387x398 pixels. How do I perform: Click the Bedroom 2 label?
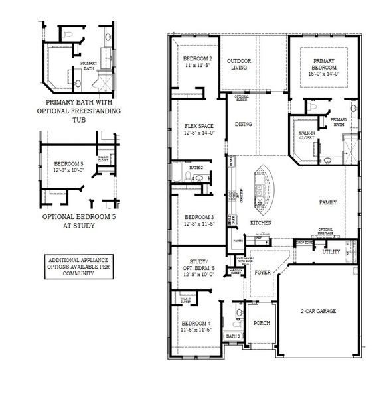(197, 59)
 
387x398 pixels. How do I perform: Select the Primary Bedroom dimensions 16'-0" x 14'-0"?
(323, 74)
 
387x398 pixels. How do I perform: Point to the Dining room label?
(243, 124)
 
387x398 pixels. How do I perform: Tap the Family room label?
(327, 202)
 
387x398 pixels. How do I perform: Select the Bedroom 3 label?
(198, 217)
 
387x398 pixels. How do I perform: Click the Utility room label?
(331, 252)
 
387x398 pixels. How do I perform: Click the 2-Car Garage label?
(317, 311)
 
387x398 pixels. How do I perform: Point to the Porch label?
(262, 323)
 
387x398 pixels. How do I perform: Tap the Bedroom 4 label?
(196, 323)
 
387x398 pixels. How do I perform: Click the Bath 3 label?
(232, 336)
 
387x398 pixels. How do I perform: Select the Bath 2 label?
(196, 168)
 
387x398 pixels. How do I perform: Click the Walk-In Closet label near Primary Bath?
(307, 135)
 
